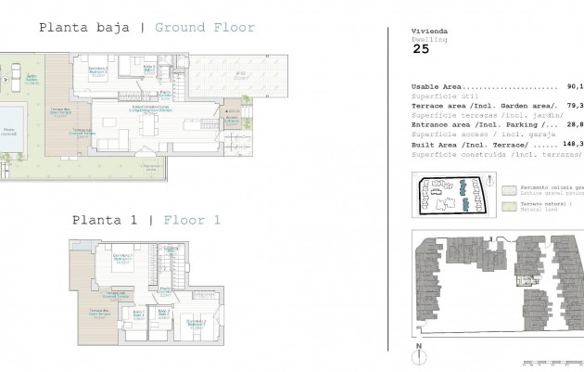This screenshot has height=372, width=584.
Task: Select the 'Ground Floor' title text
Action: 204,28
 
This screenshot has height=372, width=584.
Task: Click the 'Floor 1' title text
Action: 193,220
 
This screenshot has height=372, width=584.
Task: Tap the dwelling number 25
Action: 421,51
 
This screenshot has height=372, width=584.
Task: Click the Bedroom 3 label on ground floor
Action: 98,71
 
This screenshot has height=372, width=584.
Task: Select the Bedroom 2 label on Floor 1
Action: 196,322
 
